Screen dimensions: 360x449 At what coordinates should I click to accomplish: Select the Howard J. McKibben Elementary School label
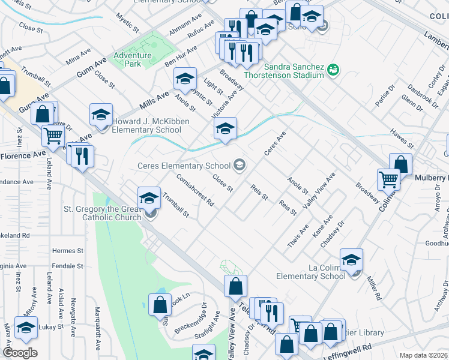point(146,125)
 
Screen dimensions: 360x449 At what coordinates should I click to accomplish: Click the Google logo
point(20,353)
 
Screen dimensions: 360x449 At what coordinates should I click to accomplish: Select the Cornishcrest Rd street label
point(196,190)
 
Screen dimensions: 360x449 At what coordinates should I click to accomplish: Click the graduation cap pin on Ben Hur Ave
point(185,78)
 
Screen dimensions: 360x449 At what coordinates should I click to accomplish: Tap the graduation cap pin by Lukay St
point(26,328)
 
